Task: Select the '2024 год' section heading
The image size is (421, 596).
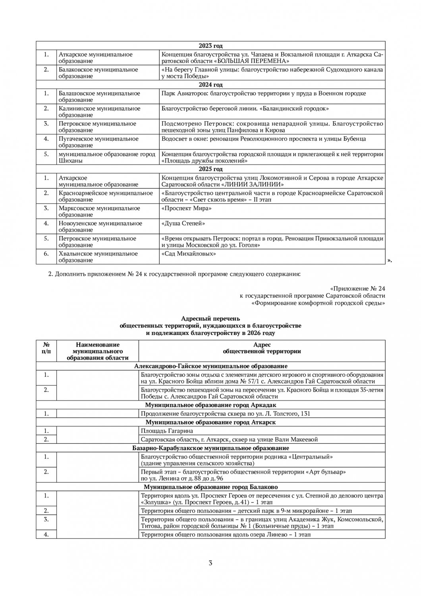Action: [210, 85]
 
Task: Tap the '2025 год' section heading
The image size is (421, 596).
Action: [210, 169]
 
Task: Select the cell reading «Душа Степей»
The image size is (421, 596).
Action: [183, 223]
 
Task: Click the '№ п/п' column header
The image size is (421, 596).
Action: [46, 348]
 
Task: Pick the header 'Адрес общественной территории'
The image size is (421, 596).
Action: [262, 348]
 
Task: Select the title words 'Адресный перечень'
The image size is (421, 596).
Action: [210, 319]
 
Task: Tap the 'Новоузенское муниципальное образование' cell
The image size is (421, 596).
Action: [100, 226]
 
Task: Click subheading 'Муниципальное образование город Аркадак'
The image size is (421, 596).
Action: [210, 405]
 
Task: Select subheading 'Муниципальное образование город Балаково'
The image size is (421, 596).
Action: [210, 487]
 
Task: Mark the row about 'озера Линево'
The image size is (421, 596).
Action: [226, 534]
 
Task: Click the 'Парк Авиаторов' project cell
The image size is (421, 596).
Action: [264, 93]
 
